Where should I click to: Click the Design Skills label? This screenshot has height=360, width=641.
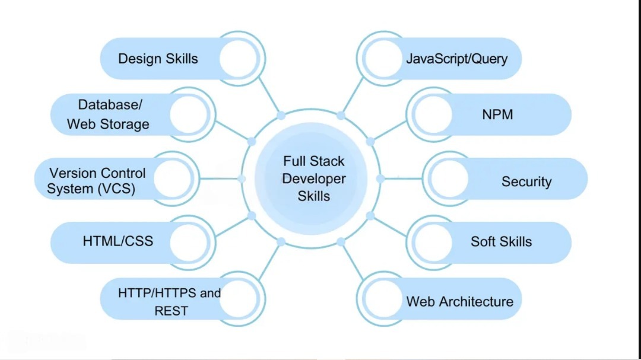158,59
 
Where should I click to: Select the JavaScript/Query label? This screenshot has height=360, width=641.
456,59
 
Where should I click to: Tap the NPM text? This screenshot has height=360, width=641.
497,114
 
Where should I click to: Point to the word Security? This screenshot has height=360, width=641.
526,181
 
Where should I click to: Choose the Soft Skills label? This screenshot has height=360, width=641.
501,241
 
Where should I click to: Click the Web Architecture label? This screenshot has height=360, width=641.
459,301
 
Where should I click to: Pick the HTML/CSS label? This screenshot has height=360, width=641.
118,241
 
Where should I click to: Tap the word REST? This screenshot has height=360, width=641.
171,311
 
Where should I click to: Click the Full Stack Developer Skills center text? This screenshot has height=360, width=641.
313,179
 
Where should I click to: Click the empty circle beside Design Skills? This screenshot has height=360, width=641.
239,59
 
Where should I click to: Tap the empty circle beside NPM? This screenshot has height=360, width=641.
433,114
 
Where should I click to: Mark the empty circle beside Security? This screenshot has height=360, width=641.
449,179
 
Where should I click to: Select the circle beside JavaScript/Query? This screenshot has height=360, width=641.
383,59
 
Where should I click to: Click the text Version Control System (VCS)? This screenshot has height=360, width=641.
97,181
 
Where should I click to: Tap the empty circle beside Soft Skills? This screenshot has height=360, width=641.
433,242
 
